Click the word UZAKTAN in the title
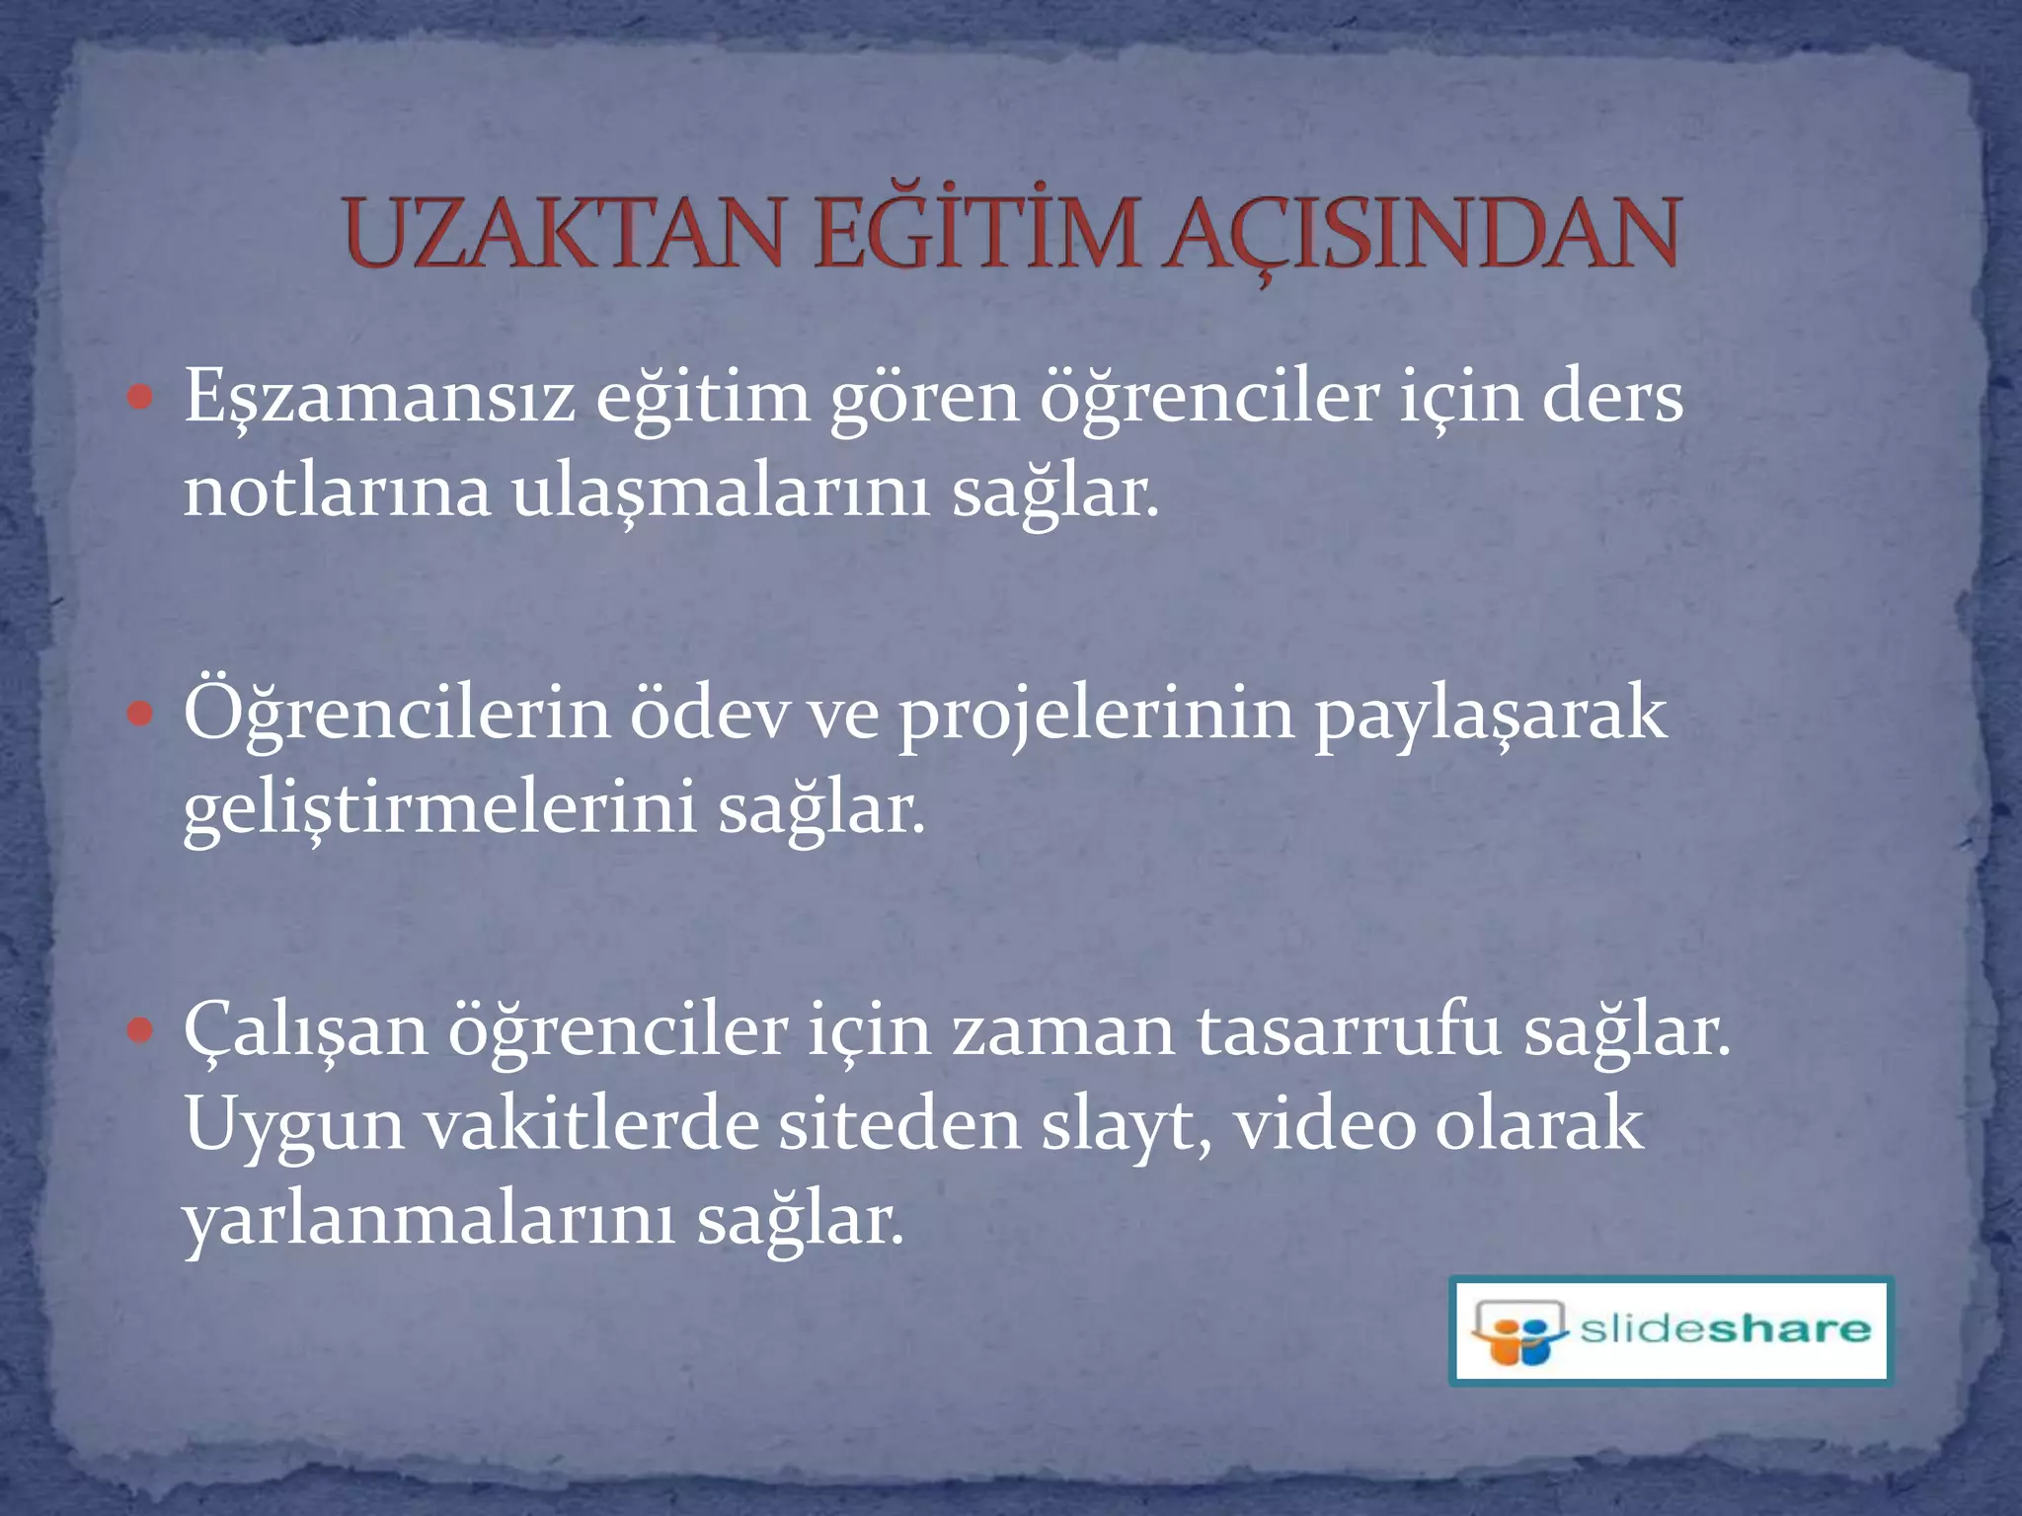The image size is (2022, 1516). (x=564, y=235)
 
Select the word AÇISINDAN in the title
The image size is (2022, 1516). (x=1421, y=235)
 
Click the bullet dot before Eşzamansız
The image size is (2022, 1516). (x=141, y=398)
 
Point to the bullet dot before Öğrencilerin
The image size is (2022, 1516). (x=141, y=713)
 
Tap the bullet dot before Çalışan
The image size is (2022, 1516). (x=141, y=1030)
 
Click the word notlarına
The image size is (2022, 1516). (x=337, y=492)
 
